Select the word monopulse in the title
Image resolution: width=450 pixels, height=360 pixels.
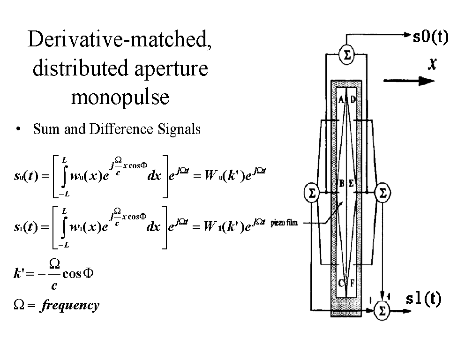(120, 97)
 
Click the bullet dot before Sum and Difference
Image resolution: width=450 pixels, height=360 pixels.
(18, 130)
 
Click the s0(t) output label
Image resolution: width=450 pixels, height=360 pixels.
(430, 37)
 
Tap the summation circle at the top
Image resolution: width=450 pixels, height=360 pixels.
(347, 56)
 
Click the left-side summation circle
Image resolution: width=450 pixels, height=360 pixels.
(311, 193)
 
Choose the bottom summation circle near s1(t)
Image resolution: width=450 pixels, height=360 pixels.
(382, 310)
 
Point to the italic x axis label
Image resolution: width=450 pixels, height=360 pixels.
(432, 64)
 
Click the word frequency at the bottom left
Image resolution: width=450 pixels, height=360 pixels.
(69, 306)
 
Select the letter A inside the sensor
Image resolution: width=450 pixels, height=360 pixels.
(341, 99)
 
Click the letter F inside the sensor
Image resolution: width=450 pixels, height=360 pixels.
(352, 283)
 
